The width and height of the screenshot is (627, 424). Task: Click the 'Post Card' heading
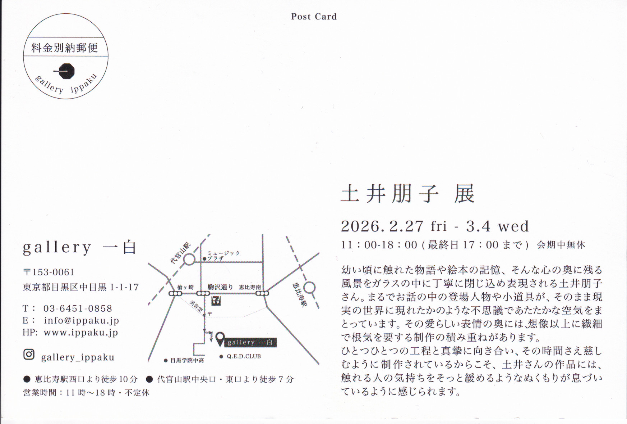coord(314,17)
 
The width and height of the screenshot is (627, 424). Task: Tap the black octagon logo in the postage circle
coord(66,71)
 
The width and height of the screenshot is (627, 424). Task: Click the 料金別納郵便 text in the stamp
coord(65,48)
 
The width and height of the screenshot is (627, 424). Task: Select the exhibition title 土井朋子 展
coord(408,194)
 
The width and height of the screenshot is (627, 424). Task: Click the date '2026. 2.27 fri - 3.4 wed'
coord(435,226)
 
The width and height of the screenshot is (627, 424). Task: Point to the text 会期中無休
coord(561,245)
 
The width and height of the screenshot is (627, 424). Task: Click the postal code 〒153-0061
coord(49,272)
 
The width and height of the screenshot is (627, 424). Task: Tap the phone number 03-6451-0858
coord(78,308)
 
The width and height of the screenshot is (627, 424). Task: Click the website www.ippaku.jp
coord(81,333)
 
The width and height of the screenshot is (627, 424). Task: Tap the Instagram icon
coord(29,355)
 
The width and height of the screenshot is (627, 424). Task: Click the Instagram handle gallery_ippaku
coord(78,357)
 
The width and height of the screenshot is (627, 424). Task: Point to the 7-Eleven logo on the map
coord(216,301)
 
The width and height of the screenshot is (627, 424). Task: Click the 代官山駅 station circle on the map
coord(189,259)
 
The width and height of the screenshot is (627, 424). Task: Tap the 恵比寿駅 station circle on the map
coord(309,288)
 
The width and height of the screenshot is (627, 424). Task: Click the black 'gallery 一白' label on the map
coord(251,342)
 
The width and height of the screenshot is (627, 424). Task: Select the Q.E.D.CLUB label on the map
coord(244,356)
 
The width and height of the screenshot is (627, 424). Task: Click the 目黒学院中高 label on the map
coord(187,360)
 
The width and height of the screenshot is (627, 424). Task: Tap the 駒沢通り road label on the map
coord(220,287)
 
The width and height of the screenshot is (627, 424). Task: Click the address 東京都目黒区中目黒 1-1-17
coord(81,287)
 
